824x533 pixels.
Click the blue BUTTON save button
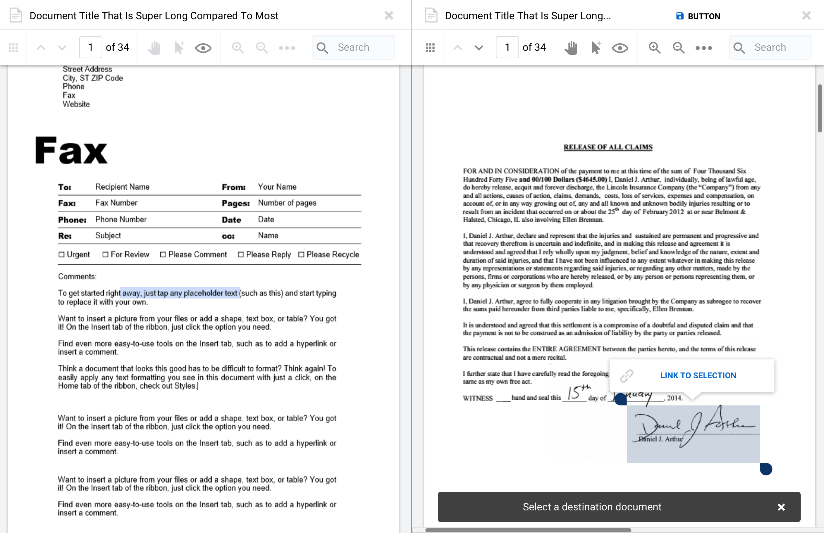(698, 16)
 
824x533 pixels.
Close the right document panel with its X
(806, 15)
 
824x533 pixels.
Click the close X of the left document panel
(389, 15)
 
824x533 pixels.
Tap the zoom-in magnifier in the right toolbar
(654, 48)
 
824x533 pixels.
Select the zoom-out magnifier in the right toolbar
(678, 48)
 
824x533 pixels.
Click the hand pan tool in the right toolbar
(571, 48)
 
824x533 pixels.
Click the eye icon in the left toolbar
(203, 48)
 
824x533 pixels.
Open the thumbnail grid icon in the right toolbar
(430, 48)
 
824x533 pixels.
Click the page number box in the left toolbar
(90, 47)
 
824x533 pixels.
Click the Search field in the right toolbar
(776, 47)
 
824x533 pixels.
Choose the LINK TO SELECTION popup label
(698, 375)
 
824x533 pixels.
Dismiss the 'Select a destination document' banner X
(781, 507)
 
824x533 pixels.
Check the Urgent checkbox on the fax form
(61, 254)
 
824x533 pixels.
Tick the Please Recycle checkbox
(301, 254)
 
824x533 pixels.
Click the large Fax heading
(71, 151)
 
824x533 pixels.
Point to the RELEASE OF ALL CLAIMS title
(608, 147)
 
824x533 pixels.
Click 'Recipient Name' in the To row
(122, 187)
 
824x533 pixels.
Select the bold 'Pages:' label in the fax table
(236, 203)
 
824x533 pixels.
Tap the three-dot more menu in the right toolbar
(703, 48)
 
